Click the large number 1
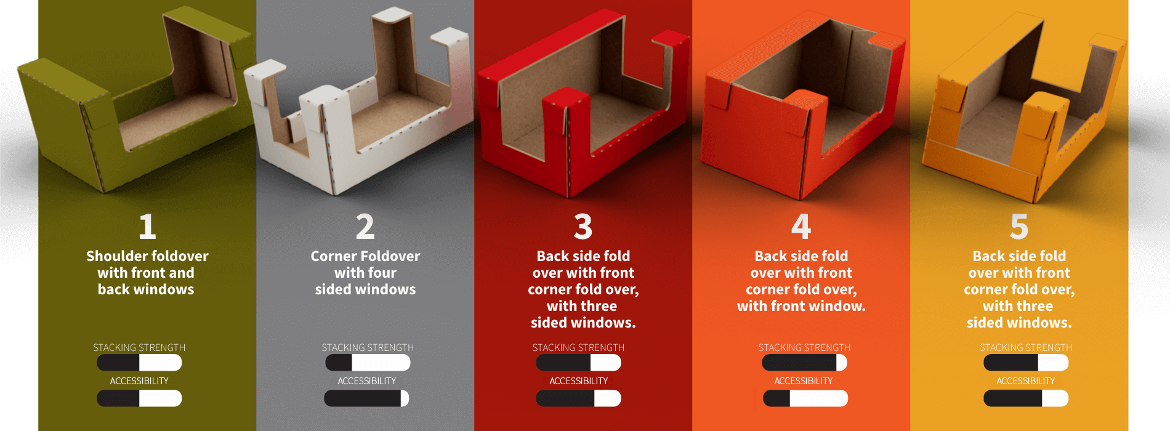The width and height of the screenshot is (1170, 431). tap(147, 227)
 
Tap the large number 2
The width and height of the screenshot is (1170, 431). tap(365, 227)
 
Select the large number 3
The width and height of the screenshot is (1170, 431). tap(583, 227)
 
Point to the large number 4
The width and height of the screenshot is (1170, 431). tap(801, 227)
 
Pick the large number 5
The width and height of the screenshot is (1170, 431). tap(1019, 227)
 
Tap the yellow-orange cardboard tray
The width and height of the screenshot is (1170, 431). tap(1022, 123)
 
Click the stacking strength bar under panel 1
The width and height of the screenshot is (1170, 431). tap(139, 363)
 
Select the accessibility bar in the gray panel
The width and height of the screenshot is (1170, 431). tap(366, 398)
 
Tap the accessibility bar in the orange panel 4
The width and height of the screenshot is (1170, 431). tap(805, 398)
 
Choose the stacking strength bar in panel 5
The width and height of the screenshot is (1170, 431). tap(1026, 363)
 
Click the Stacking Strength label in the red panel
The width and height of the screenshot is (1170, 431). tap(578, 348)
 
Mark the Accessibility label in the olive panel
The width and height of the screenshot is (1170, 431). tap(139, 381)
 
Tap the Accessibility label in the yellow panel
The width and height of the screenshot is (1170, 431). tap(1026, 381)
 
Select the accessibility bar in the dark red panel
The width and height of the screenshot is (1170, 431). tap(578, 398)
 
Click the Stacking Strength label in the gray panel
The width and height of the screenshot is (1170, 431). tap(368, 348)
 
